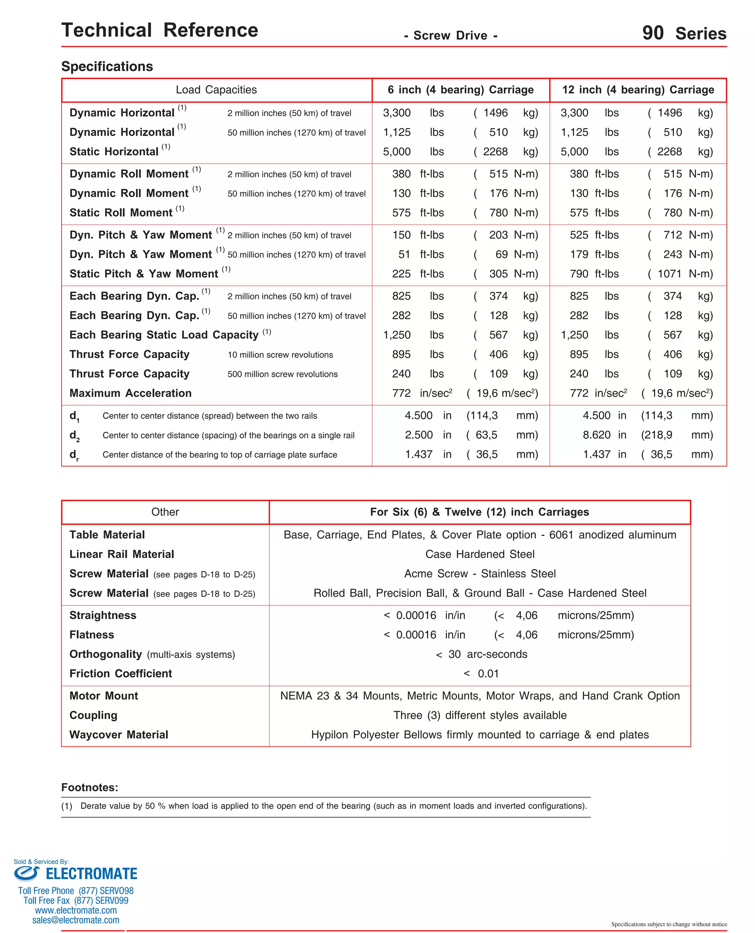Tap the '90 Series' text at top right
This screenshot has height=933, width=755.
[x=684, y=34]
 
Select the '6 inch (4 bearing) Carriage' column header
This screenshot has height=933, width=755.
[x=460, y=90]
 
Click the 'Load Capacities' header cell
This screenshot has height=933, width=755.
[x=216, y=90]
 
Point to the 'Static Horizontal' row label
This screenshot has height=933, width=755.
[x=114, y=152]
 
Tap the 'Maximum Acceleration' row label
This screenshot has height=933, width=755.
[x=131, y=393]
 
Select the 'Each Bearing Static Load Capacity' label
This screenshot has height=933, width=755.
[x=164, y=335]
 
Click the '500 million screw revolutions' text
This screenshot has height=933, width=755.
[x=282, y=374]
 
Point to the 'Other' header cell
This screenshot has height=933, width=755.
[x=165, y=512]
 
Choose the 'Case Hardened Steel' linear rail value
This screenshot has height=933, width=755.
[x=480, y=554]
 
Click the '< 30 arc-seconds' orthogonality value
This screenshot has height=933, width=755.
[x=481, y=654]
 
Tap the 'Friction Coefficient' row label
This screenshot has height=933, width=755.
[x=121, y=674]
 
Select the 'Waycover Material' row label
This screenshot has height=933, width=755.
[x=119, y=735]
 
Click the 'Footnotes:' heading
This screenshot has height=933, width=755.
[x=90, y=787]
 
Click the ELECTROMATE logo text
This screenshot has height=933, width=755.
[x=91, y=874]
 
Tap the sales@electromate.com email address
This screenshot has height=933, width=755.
[x=76, y=920]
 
